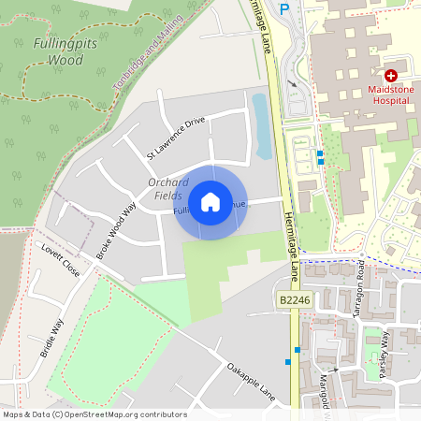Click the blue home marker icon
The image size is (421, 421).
tap(210, 202)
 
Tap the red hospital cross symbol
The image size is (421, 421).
tap(390, 74)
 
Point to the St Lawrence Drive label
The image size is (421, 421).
tap(175, 137)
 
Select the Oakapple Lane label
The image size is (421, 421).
tap(252, 378)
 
